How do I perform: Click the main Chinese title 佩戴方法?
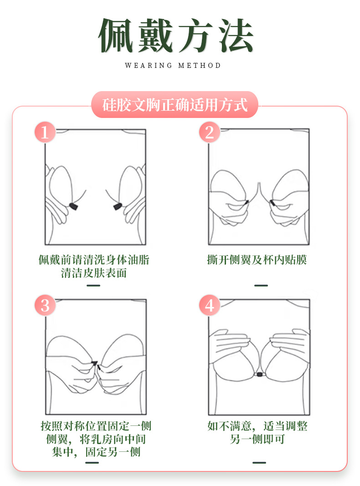[x=176, y=36]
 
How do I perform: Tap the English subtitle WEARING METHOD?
[x=173, y=66]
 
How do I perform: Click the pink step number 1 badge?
[x=45, y=133]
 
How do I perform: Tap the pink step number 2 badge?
[x=209, y=133]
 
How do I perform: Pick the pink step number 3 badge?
[x=45, y=305]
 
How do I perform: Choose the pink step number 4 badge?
[x=209, y=305]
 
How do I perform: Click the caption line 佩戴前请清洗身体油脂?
[x=94, y=260]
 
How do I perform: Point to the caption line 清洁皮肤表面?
[x=94, y=273]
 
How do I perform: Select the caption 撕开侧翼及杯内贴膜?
[x=257, y=260]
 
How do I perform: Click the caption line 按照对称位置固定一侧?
[x=96, y=426]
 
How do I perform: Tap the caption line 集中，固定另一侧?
[x=96, y=452]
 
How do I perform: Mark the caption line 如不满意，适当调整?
[x=257, y=426]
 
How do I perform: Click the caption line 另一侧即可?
[x=257, y=440]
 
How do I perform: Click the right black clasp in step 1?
[x=117, y=207]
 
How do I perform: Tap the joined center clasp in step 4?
[x=259, y=374]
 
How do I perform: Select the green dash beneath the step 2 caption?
[x=261, y=286]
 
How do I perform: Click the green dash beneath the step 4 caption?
[x=259, y=463]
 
